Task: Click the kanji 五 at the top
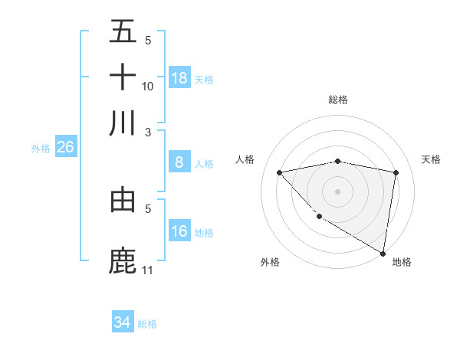pos(123,33)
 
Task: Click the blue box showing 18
pos(179,78)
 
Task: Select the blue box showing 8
pos(179,162)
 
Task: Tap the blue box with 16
pos(179,231)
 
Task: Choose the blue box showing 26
pos(65,148)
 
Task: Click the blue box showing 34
pos(123,323)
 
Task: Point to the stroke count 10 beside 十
pos(148,86)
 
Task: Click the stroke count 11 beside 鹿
pos(148,270)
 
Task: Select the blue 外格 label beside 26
pos(41,149)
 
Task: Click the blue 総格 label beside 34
pos(147,324)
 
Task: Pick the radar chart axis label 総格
pos(338,100)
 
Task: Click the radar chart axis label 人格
pos(245,159)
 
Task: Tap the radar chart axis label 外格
pos(270,262)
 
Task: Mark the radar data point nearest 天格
pos(396,172)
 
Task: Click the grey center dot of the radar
pos(338,191)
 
